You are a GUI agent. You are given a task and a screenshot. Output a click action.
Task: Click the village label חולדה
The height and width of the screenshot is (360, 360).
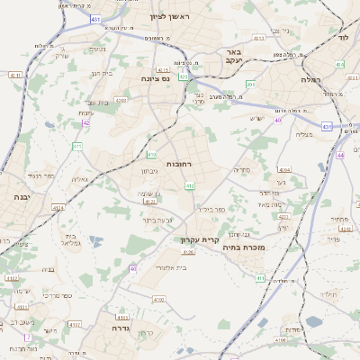(x=328, y=294)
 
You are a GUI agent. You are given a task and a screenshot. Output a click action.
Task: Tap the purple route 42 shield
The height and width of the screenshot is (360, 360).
(x=86, y=124)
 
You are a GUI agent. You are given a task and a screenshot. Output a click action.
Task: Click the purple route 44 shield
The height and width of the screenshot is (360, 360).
(x=340, y=155)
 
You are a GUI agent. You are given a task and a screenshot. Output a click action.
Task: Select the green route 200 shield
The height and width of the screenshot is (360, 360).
(x=251, y=84)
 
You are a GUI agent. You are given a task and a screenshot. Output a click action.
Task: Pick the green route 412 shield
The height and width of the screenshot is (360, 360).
(x=190, y=185)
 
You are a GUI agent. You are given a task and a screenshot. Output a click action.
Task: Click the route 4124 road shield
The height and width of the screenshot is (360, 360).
(x=58, y=208)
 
